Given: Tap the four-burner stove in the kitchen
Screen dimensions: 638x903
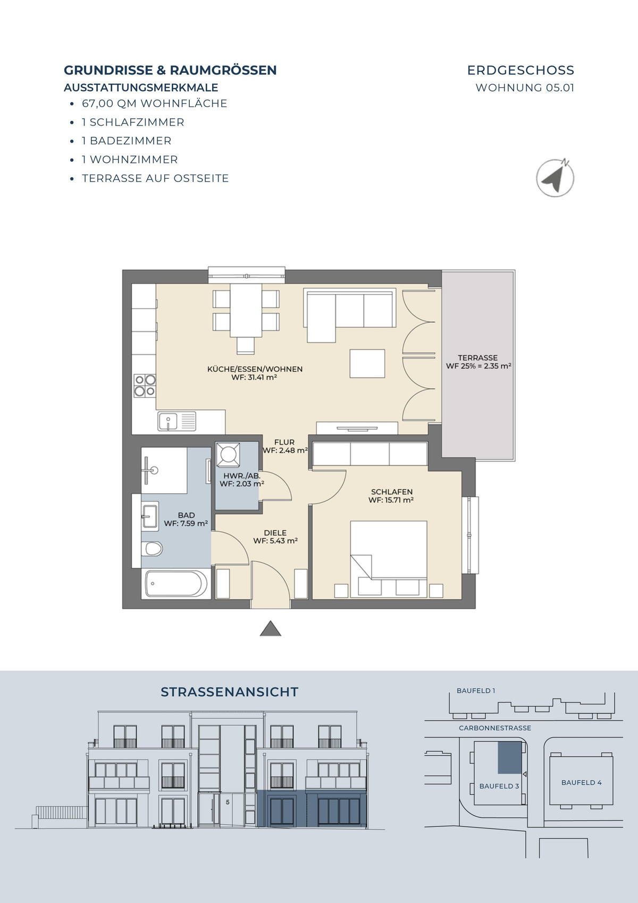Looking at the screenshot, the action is point(145,385).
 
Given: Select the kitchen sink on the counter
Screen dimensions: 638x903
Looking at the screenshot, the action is point(177,421).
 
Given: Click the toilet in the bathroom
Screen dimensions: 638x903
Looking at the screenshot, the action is point(152,549).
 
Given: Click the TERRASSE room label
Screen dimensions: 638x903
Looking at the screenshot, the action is point(477,358).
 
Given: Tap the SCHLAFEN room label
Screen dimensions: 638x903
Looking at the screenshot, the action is point(391,492).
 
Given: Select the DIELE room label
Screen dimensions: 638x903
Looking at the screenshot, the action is point(275,533).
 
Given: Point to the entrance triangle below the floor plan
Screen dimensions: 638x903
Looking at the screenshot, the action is point(270,628).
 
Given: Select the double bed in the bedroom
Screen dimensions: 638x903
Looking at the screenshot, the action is point(388,559).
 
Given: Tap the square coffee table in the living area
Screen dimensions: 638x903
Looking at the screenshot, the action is point(367,363).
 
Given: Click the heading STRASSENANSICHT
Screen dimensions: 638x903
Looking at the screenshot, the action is point(230,692).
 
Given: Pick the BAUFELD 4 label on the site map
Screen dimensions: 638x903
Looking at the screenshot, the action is point(581,782).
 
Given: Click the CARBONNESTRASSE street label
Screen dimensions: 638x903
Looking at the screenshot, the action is point(495,728).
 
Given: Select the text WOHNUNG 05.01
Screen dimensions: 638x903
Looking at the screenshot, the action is point(525,87).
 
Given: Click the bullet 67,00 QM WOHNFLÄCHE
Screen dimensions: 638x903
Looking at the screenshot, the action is point(155,104).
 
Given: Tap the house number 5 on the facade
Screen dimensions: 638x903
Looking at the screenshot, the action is point(228,802).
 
